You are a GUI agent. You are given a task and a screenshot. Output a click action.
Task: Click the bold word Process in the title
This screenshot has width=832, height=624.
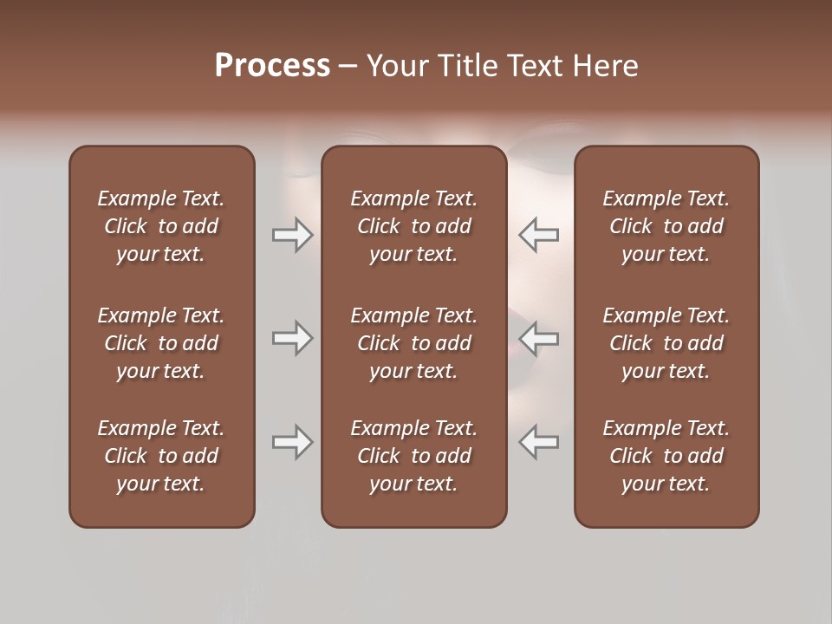[272, 66]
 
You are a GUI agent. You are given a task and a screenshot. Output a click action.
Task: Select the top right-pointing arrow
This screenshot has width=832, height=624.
[292, 235]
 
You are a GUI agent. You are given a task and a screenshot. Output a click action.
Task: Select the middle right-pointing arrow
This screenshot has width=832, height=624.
[292, 338]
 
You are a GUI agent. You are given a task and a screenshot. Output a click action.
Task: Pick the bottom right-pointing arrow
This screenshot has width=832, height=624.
[292, 442]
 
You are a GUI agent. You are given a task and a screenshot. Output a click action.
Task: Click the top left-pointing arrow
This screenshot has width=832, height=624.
[539, 235]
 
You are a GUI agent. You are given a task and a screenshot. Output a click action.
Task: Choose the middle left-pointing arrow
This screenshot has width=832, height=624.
[539, 338]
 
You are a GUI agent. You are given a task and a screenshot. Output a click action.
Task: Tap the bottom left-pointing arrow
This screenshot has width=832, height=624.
[539, 442]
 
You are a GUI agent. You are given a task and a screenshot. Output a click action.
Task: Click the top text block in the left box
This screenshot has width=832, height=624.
[161, 226]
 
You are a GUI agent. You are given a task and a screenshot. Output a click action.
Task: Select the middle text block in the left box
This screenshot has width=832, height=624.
[161, 343]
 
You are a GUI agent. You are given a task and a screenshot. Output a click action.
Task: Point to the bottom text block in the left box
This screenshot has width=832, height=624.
[161, 456]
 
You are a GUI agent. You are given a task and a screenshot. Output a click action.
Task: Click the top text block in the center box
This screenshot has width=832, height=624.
[413, 226]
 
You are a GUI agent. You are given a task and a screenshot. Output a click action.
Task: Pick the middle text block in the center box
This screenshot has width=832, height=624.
[413, 343]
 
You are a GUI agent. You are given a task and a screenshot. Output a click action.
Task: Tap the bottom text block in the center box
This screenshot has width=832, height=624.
[413, 456]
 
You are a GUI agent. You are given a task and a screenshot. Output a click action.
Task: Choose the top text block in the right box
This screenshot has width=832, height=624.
[666, 226]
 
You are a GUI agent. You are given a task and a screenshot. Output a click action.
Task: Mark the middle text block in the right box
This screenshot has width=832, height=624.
[666, 343]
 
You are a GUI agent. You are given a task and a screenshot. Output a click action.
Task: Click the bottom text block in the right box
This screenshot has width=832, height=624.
[666, 456]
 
